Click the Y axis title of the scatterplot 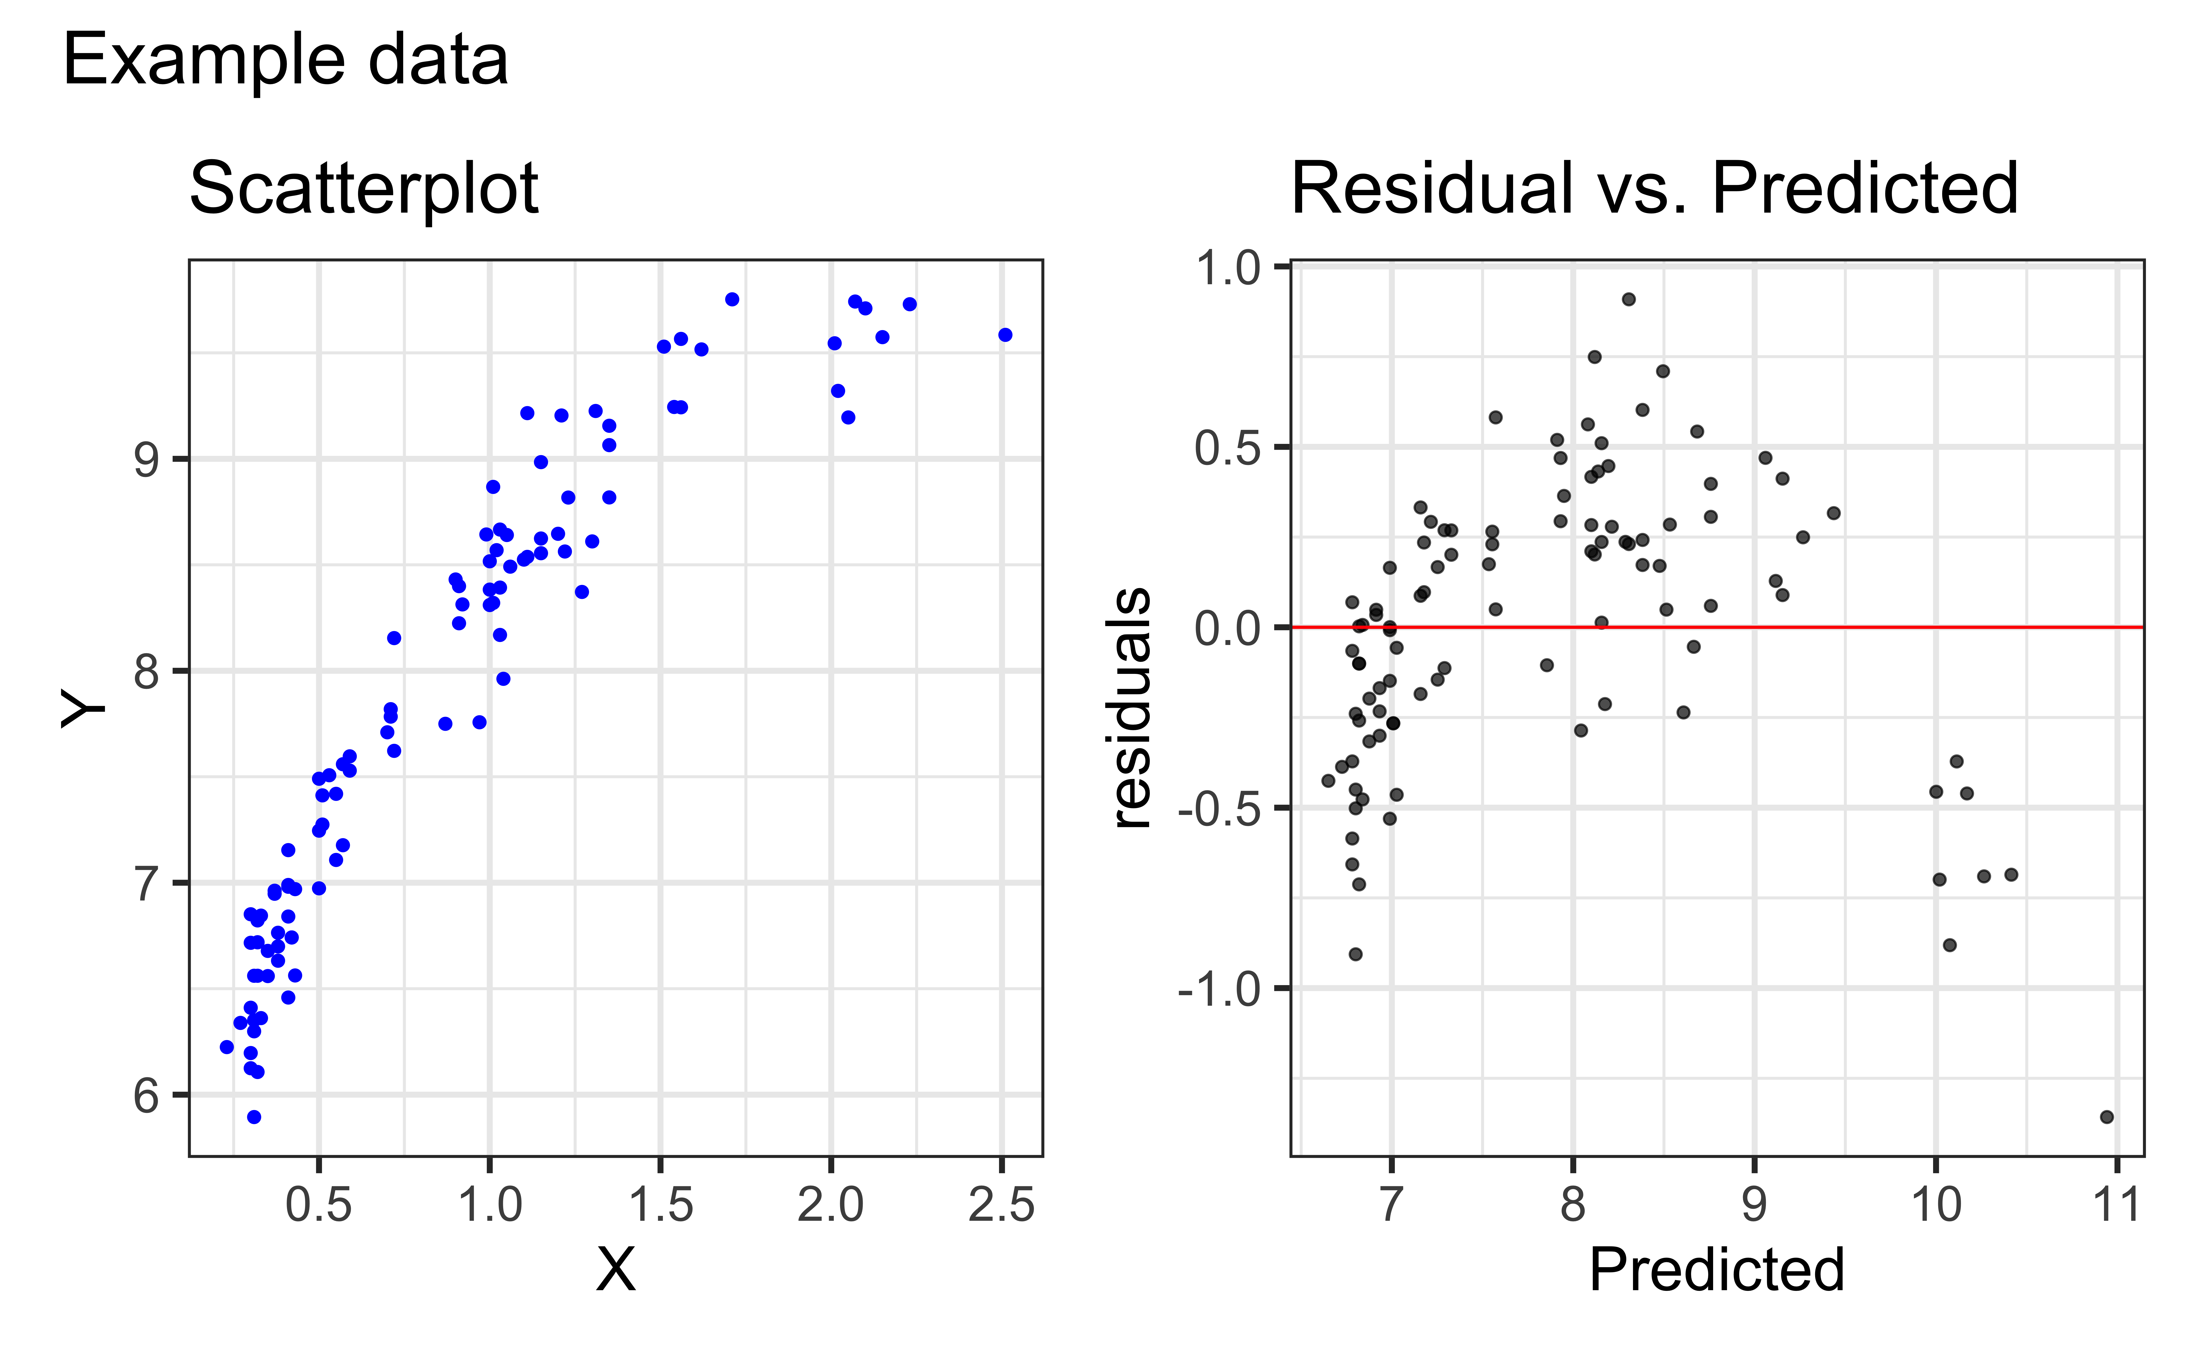coord(83,708)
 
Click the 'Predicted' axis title coord(1716,1270)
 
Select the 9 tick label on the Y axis coord(146,460)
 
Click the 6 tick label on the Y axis coord(146,1096)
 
